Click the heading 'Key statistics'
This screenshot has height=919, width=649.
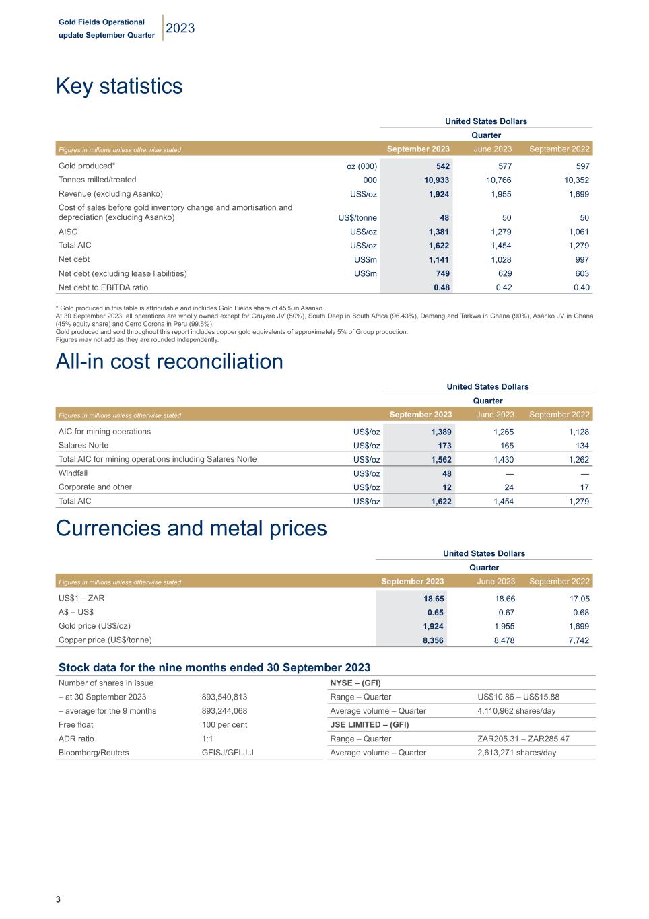point(119,86)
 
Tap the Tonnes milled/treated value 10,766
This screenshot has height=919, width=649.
point(498,180)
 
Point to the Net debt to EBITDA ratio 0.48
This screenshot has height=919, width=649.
point(442,287)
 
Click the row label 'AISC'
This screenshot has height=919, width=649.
point(68,232)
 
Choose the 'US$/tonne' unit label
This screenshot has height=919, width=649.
point(357,218)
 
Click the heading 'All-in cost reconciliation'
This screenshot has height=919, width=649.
point(169,362)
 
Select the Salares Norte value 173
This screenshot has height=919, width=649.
point(442,446)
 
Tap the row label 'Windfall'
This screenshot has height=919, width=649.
point(73,473)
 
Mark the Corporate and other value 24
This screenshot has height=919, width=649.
point(508,487)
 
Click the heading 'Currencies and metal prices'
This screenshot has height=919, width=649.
point(191,529)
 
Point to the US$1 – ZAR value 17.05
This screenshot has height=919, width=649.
point(579,599)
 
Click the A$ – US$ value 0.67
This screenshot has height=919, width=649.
point(506,613)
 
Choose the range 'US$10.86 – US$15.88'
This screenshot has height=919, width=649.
point(518,697)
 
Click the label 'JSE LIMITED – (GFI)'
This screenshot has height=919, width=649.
point(370,725)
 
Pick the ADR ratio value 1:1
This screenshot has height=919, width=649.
point(207,739)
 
